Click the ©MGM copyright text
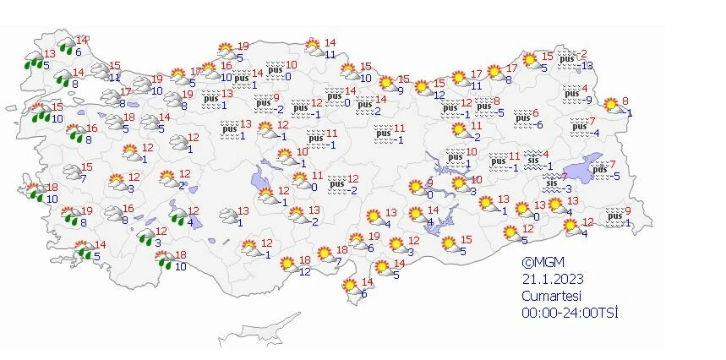click(x=542, y=263)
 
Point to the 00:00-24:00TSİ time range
click(x=570, y=312)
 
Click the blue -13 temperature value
click(x=587, y=66)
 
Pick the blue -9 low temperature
click(x=588, y=100)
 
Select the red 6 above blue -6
click(x=534, y=113)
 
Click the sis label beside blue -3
click(x=552, y=183)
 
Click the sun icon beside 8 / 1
click(x=610, y=106)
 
